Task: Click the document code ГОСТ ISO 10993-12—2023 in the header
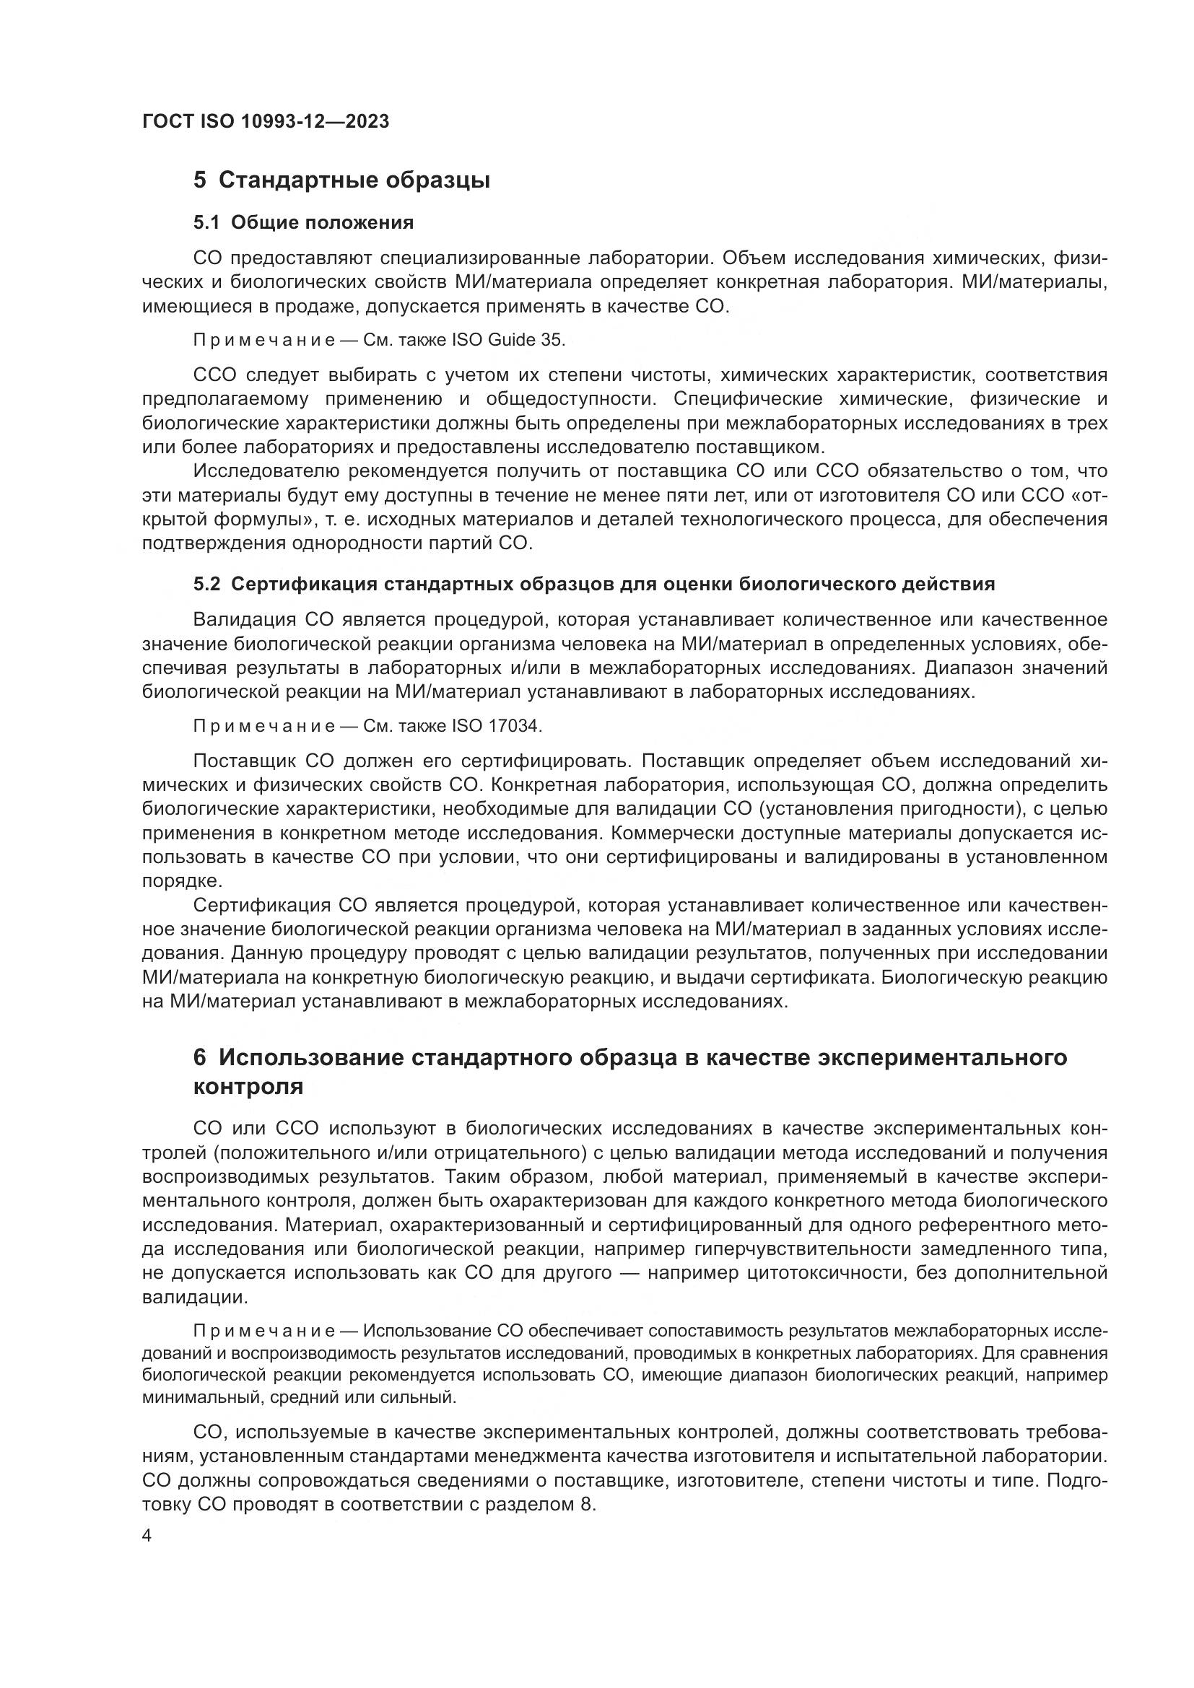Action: (266, 121)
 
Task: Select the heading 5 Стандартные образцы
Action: (341, 180)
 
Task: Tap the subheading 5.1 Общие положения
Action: (303, 222)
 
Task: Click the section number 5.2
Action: (206, 585)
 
